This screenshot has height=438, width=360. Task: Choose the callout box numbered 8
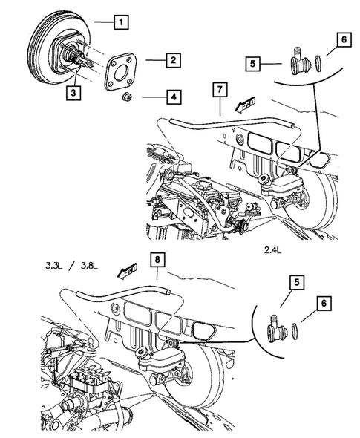(x=157, y=260)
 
